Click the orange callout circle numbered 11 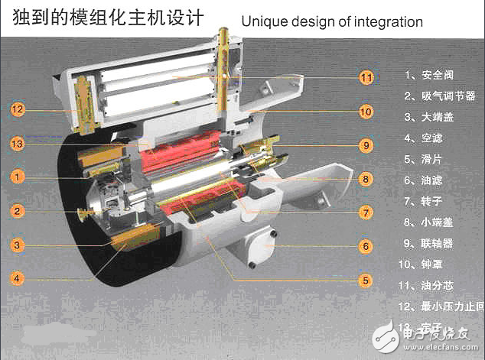click(366, 77)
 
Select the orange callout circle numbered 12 click(18, 109)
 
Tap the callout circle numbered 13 click(18, 143)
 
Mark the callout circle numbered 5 click(366, 281)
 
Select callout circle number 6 click(366, 246)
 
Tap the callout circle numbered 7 click(366, 212)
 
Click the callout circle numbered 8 click(366, 179)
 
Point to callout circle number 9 click(366, 144)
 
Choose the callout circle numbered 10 click(366, 112)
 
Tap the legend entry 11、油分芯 click(432, 286)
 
